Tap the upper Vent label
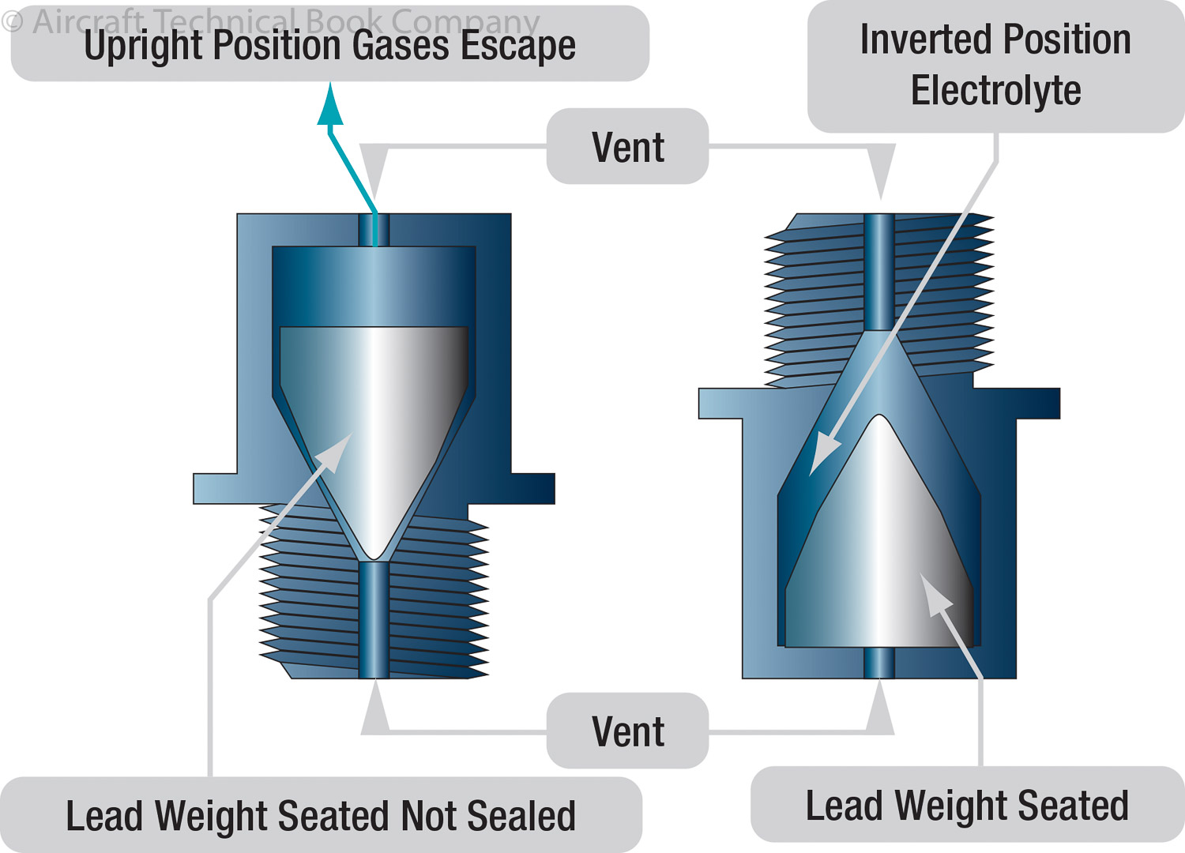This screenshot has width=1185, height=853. (628, 147)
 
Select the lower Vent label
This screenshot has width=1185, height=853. (628, 731)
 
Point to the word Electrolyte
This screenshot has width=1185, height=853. (995, 91)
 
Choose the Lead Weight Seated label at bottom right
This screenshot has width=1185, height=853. (966, 806)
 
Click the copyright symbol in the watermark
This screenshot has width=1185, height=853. (13, 21)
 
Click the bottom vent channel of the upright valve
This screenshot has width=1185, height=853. (374, 620)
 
